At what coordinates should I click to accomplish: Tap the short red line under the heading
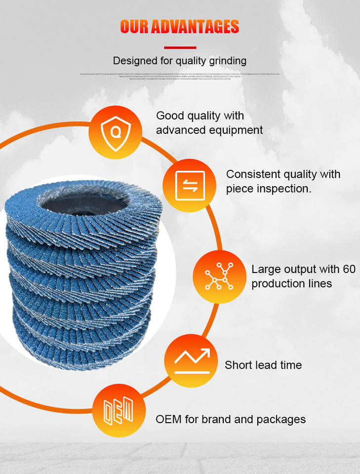[x=180, y=48]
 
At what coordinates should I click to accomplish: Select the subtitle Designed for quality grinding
[x=180, y=61]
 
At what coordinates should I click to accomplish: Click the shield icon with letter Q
[x=115, y=132]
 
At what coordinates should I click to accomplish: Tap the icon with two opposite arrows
[x=190, y=186]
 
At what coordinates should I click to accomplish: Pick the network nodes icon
[x=219, y=276]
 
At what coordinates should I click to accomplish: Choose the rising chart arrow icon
[x=191, y=360]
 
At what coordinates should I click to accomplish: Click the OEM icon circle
[x=119, y=411]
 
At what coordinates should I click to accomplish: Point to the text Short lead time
[x=263, y=365]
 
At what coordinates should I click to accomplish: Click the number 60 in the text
[x=349, y=269]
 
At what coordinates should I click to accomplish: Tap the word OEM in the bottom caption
[x=169, y=419]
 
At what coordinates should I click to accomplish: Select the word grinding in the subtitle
[x=226, y=61]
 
